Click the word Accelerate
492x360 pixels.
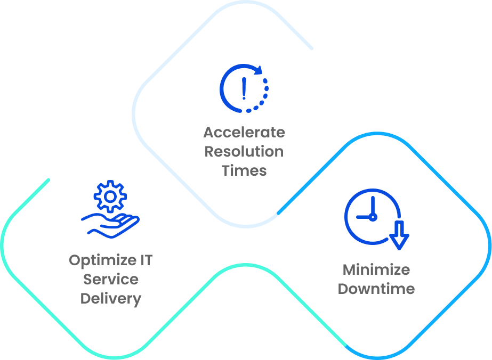pos(244,132)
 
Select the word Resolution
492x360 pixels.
pos(244,151)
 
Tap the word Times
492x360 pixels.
pos(244,170)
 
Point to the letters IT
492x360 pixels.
pos(146,260)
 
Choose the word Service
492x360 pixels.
pos(110,280)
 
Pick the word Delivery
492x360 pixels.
pos(110,299)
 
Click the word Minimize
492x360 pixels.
pos(376,269)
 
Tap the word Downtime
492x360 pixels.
pos(376,289)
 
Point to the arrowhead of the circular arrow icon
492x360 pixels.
pos(259,70)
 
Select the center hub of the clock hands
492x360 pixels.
pos(373,217)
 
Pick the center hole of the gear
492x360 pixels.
pos(110,197)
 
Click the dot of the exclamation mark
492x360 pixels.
pos(244,98)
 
